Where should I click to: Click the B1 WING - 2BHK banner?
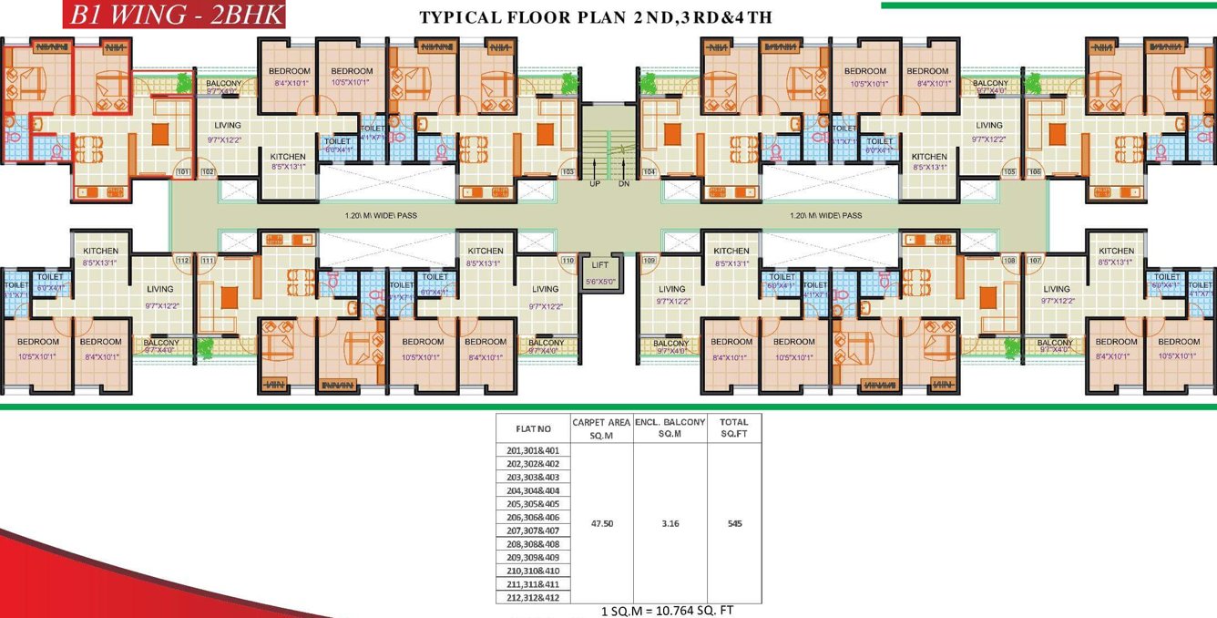174,15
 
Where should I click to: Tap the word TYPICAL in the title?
461,18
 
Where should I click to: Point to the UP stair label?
595,183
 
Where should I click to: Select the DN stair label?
624,183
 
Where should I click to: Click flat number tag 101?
182,171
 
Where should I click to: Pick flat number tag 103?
568,171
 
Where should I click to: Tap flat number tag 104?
649,171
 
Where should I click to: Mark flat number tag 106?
1035,171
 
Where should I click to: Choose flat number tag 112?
182,261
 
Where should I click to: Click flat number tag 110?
568,261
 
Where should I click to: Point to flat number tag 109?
649,261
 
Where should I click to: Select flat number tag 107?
1035,261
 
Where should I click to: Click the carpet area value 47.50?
601,524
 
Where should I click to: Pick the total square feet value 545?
734,524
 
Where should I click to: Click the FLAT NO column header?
533,428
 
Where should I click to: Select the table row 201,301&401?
533,450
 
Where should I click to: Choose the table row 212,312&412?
533,598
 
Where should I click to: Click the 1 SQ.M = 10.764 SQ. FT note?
667,611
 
